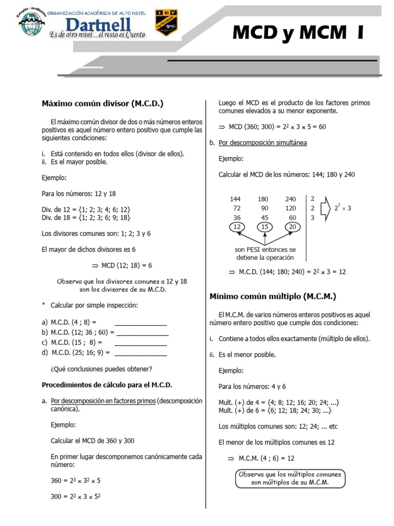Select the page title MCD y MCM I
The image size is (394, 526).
(298, 32)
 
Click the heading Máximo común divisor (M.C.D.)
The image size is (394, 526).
(102, 104)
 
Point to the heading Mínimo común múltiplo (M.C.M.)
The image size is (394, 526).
(273, 296)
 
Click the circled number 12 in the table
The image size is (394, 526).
(237, 227)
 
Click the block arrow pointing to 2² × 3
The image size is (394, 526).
(325, 208)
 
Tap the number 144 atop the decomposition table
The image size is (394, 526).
(235, 199)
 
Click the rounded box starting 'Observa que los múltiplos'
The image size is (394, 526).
(290, 478)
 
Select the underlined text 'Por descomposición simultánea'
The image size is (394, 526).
(263, 143)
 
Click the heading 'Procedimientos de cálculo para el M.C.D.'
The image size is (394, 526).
(107, 385)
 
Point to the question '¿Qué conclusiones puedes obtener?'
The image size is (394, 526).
(101, 369)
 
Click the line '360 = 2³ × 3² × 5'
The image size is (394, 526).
(75, 481)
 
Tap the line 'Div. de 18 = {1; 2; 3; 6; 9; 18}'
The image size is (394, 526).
(86, 218)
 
